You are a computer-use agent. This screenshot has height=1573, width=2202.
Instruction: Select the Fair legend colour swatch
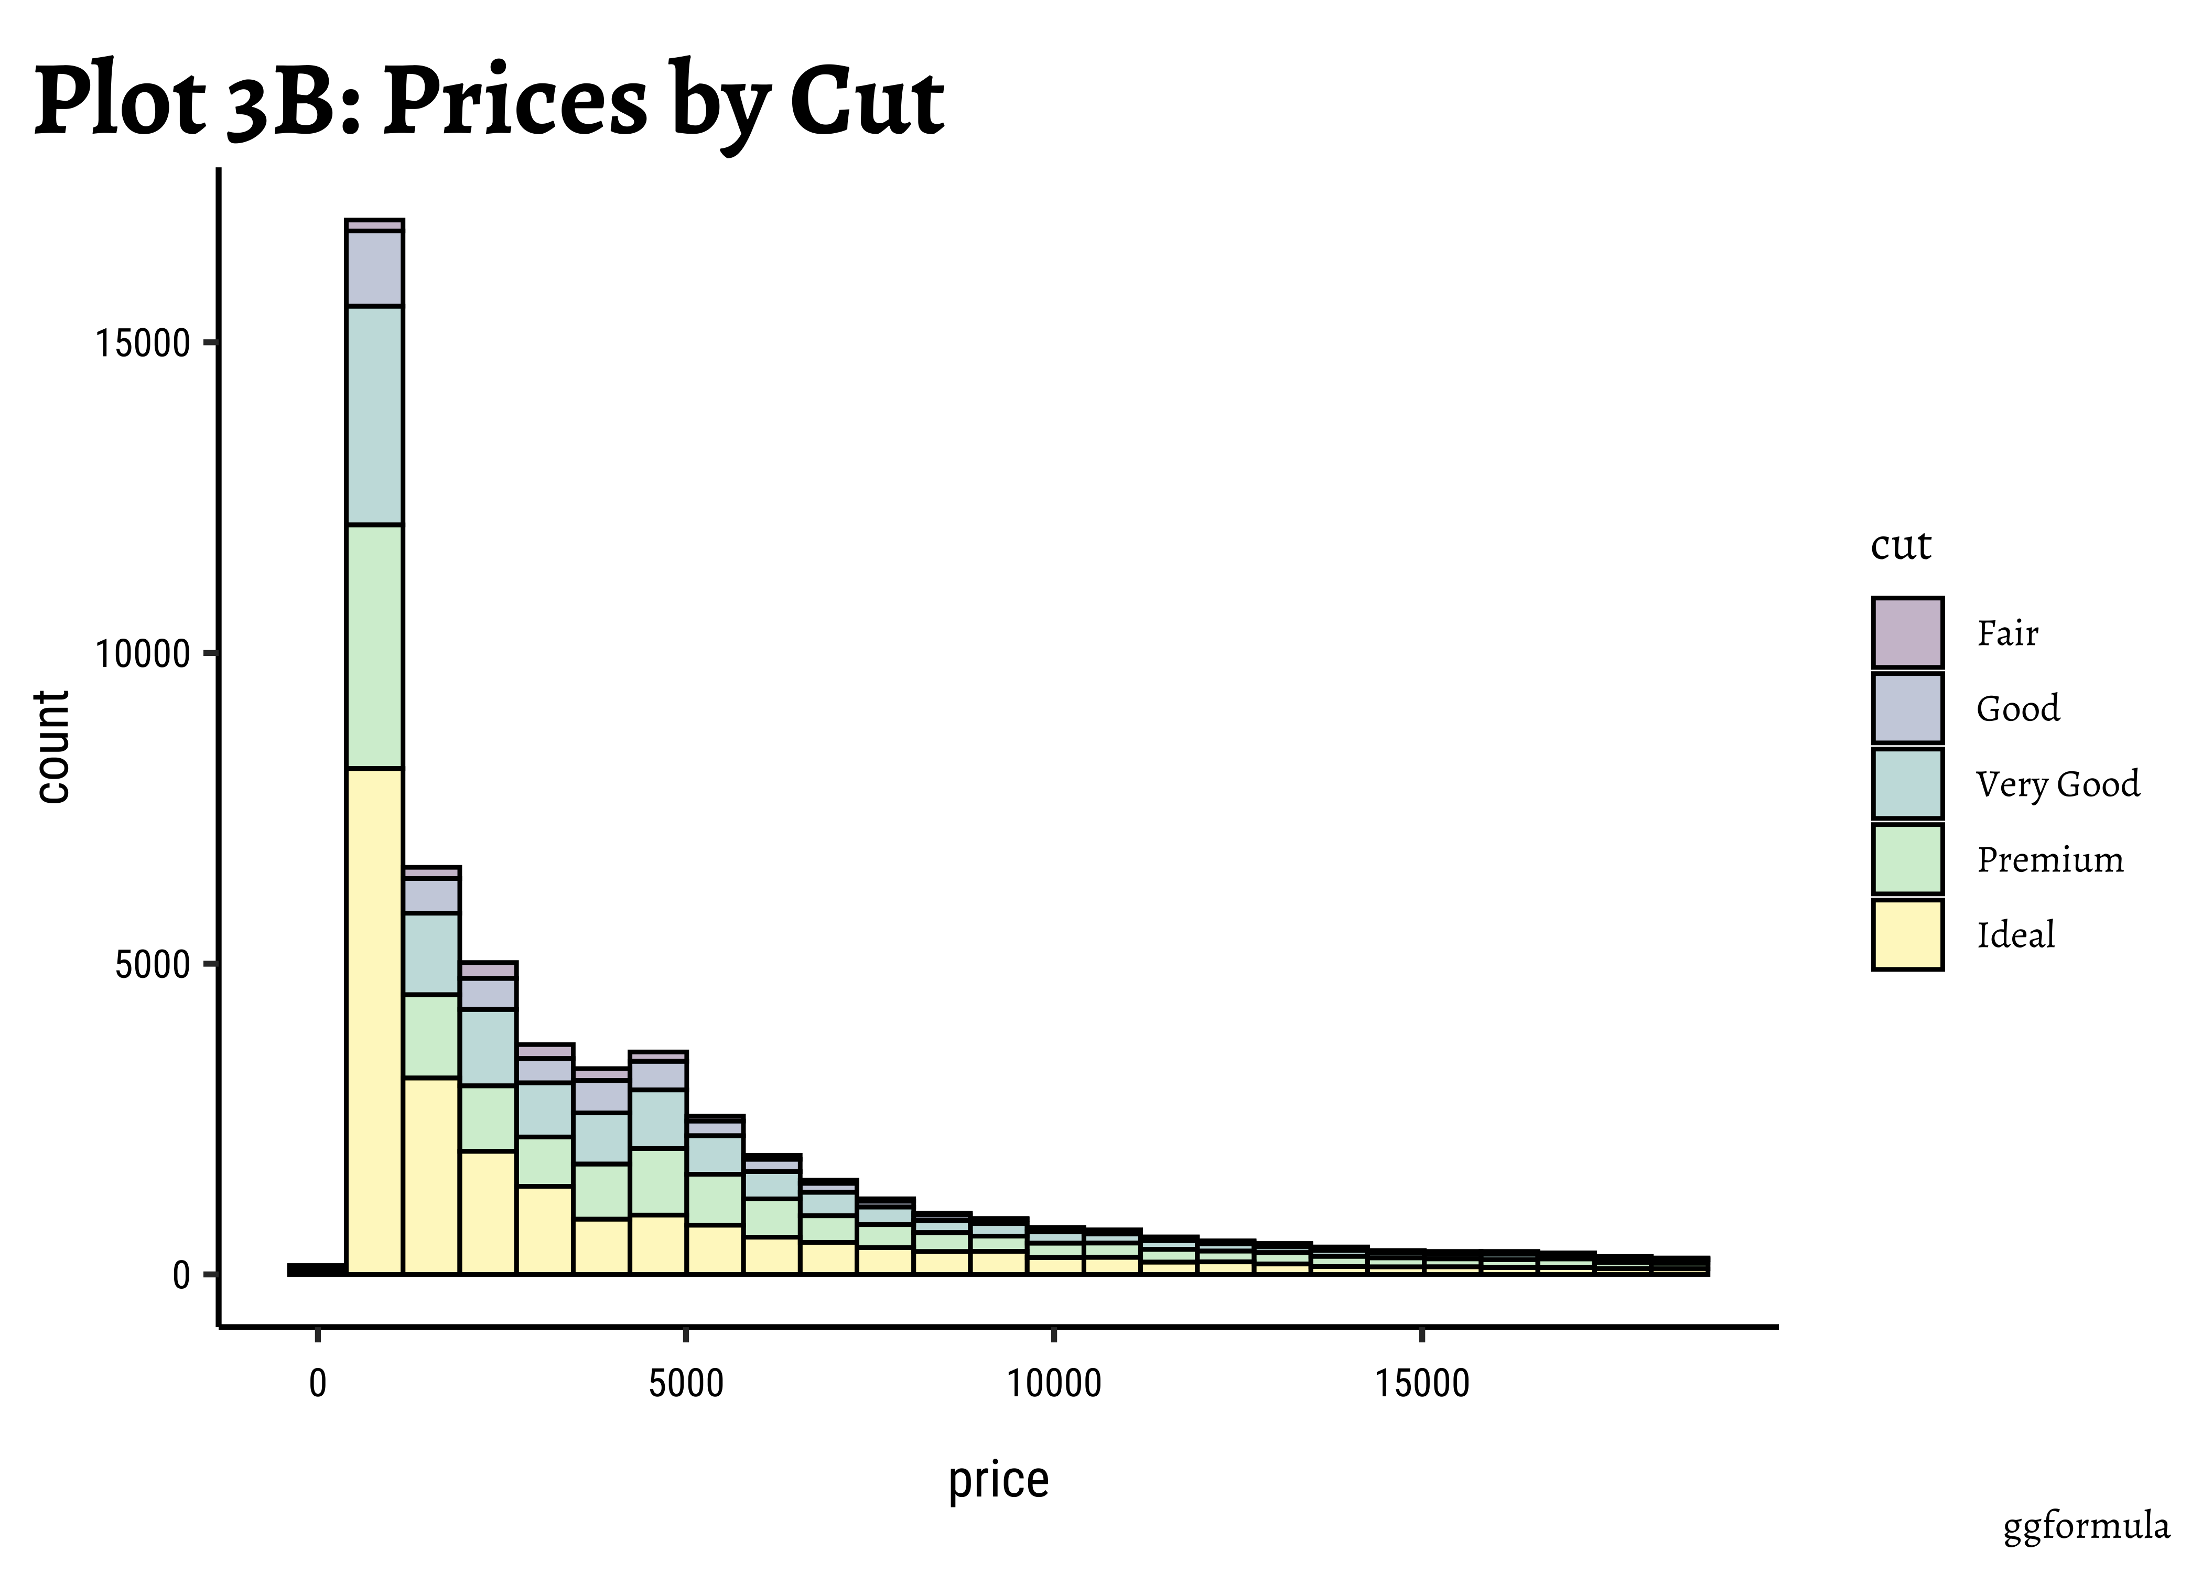coord(1907,632)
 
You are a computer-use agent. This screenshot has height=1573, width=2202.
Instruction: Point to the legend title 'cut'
coord(1900,545)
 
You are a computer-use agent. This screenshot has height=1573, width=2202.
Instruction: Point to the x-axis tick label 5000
coord(686,1384)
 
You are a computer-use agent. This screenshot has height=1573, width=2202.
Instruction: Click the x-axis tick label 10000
coord(1053,1384)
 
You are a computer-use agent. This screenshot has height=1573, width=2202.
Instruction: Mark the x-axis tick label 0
coord(318,1384)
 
